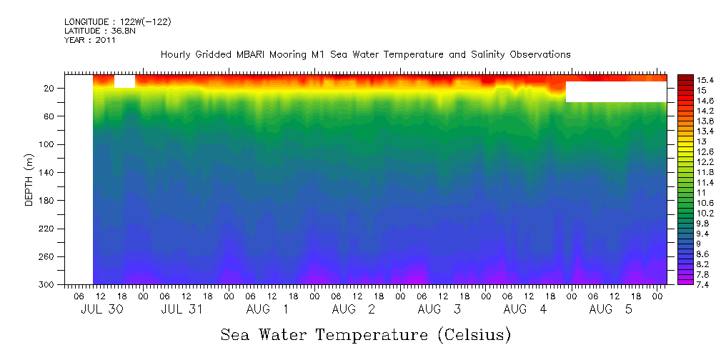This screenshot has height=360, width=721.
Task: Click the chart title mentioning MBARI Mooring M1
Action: coord(365,54)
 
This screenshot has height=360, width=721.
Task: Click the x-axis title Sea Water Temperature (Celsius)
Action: coord(365,334)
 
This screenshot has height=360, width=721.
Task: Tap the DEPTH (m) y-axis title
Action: coord(29,179)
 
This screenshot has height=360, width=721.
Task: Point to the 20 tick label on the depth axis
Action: coord(50,89)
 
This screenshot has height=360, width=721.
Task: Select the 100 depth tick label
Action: coord(48,144)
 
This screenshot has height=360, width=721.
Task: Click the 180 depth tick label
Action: coord(48,201)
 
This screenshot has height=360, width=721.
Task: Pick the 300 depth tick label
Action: coord(48,285)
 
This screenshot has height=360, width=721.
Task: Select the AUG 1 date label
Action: coord(267,309)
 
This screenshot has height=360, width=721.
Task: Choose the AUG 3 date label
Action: coord(439,309)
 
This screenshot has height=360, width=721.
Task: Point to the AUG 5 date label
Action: coord(610,309)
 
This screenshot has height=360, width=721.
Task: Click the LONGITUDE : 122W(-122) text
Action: coord(117,21)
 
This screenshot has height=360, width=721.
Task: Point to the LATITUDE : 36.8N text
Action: coord(100,31)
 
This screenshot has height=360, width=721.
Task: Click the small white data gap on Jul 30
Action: coord(124,81)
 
